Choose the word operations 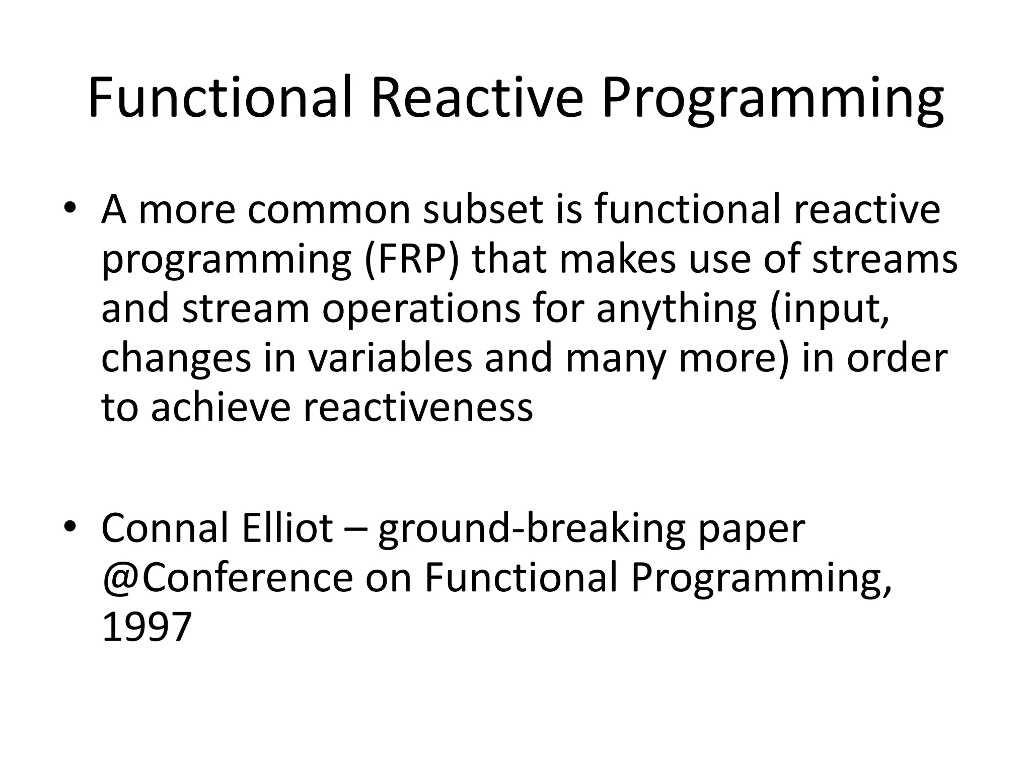421,310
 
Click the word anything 676,310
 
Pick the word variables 391,358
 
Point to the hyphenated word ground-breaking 532,528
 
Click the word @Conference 228,578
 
